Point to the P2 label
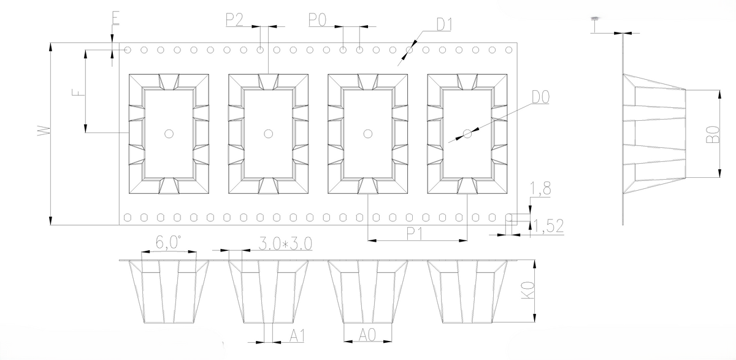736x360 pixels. point(234,20)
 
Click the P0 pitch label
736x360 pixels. point(317,20)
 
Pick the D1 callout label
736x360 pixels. point(444,25)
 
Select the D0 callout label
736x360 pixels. point(540,97)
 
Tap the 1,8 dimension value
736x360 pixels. point(541,189)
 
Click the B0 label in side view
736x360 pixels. point(711,135)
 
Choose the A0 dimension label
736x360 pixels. point(366,335)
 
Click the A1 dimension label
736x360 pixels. point(297,335)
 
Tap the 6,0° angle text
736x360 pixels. point(167,243)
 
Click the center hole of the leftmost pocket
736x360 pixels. point(168,133)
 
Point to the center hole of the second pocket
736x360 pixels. point(267,133)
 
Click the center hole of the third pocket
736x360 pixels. point(368,133)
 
